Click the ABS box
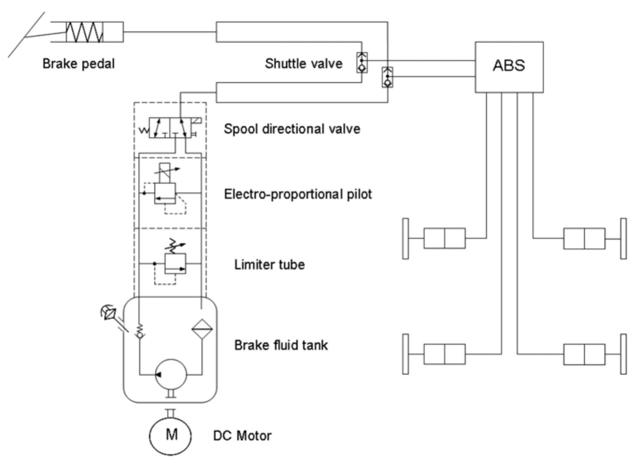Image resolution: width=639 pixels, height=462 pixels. (x=509, y=67)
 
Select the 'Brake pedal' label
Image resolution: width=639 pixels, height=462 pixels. (x=79, y=64)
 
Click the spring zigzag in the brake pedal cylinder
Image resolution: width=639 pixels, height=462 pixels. (x=85, y=32)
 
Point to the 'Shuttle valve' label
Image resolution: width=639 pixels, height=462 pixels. (x=304, y=64)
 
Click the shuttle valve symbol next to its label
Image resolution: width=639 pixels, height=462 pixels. (x=362, y=63)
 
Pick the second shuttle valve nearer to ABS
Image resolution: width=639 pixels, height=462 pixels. (x=388, y=77)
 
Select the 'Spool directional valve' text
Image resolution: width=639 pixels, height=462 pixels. (x=292, y=129)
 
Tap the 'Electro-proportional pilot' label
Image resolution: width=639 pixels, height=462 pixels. (x=298, y=194)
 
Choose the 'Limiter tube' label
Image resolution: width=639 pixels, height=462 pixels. (x=269, y=265)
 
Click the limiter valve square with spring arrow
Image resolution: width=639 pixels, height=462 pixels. (x=175, y=263)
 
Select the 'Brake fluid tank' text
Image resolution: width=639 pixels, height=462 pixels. (x=281, y=345)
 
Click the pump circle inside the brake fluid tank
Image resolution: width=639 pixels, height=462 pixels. (x=171, y=374)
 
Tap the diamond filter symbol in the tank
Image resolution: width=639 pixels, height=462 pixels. (x=202, y=328)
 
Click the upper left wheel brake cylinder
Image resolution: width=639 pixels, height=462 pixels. (x=444, y=238)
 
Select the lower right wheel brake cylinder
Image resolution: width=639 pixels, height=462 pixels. (x=584, y=354)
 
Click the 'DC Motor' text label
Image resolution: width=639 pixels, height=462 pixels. (x=242, y=436)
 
